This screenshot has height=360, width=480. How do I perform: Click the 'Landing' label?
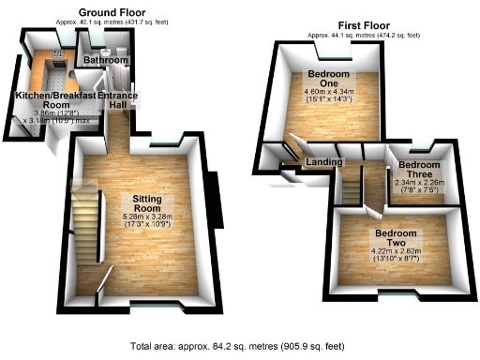pyautogui.click(x=322, y=162)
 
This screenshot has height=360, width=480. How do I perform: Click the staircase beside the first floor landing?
pyautogui.click(x=350, y=187)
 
